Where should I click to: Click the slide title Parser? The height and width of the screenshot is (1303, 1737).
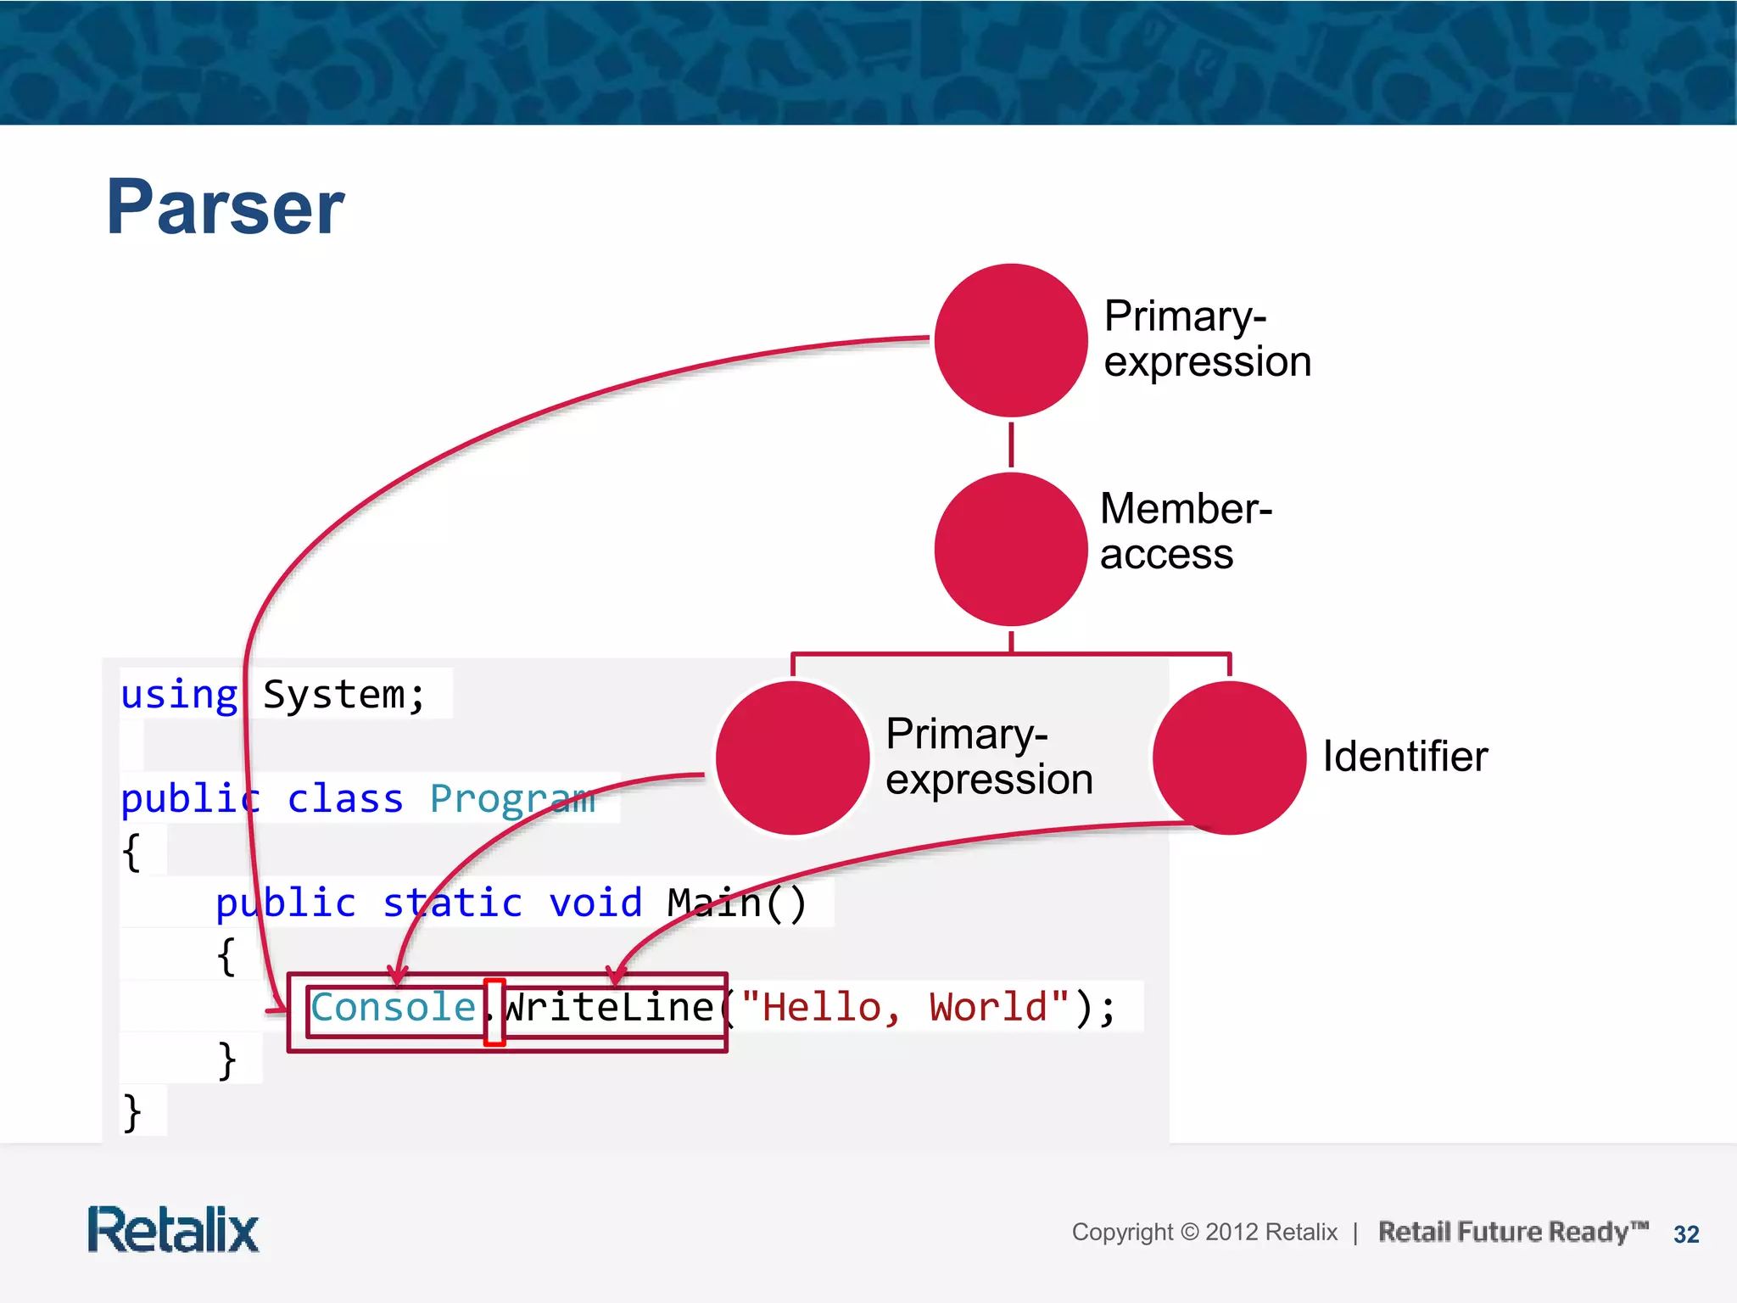point(226,207)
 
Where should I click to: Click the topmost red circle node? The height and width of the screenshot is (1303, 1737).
point(1010,340)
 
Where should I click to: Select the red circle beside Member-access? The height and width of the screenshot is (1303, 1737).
point(1010,550)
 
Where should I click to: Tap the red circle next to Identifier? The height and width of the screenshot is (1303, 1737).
point(1229,758)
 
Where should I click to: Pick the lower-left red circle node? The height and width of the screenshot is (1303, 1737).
point(792,758)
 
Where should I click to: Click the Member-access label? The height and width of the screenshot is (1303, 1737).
point(1185,531)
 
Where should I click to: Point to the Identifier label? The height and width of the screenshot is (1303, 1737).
point(1405,757)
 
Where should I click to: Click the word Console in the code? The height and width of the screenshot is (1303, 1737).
point(393,1008)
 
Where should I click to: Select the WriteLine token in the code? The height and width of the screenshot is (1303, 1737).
point(609,1008)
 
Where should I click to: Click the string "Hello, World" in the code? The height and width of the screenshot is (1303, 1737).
point(904,1008)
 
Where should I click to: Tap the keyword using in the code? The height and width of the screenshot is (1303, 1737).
point(179,695)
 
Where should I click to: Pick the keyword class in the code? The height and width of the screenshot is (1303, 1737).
point(345,799)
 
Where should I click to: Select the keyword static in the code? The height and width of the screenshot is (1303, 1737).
point(452,903)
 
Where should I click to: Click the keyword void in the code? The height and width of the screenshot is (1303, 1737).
point(595,903)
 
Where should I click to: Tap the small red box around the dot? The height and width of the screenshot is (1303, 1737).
point(494,1012)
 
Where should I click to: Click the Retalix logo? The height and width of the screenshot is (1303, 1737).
point(173,1230)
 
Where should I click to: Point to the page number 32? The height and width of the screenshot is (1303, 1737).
point(1686,1234)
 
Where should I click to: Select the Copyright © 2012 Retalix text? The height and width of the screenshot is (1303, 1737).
point(1204,1232)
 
